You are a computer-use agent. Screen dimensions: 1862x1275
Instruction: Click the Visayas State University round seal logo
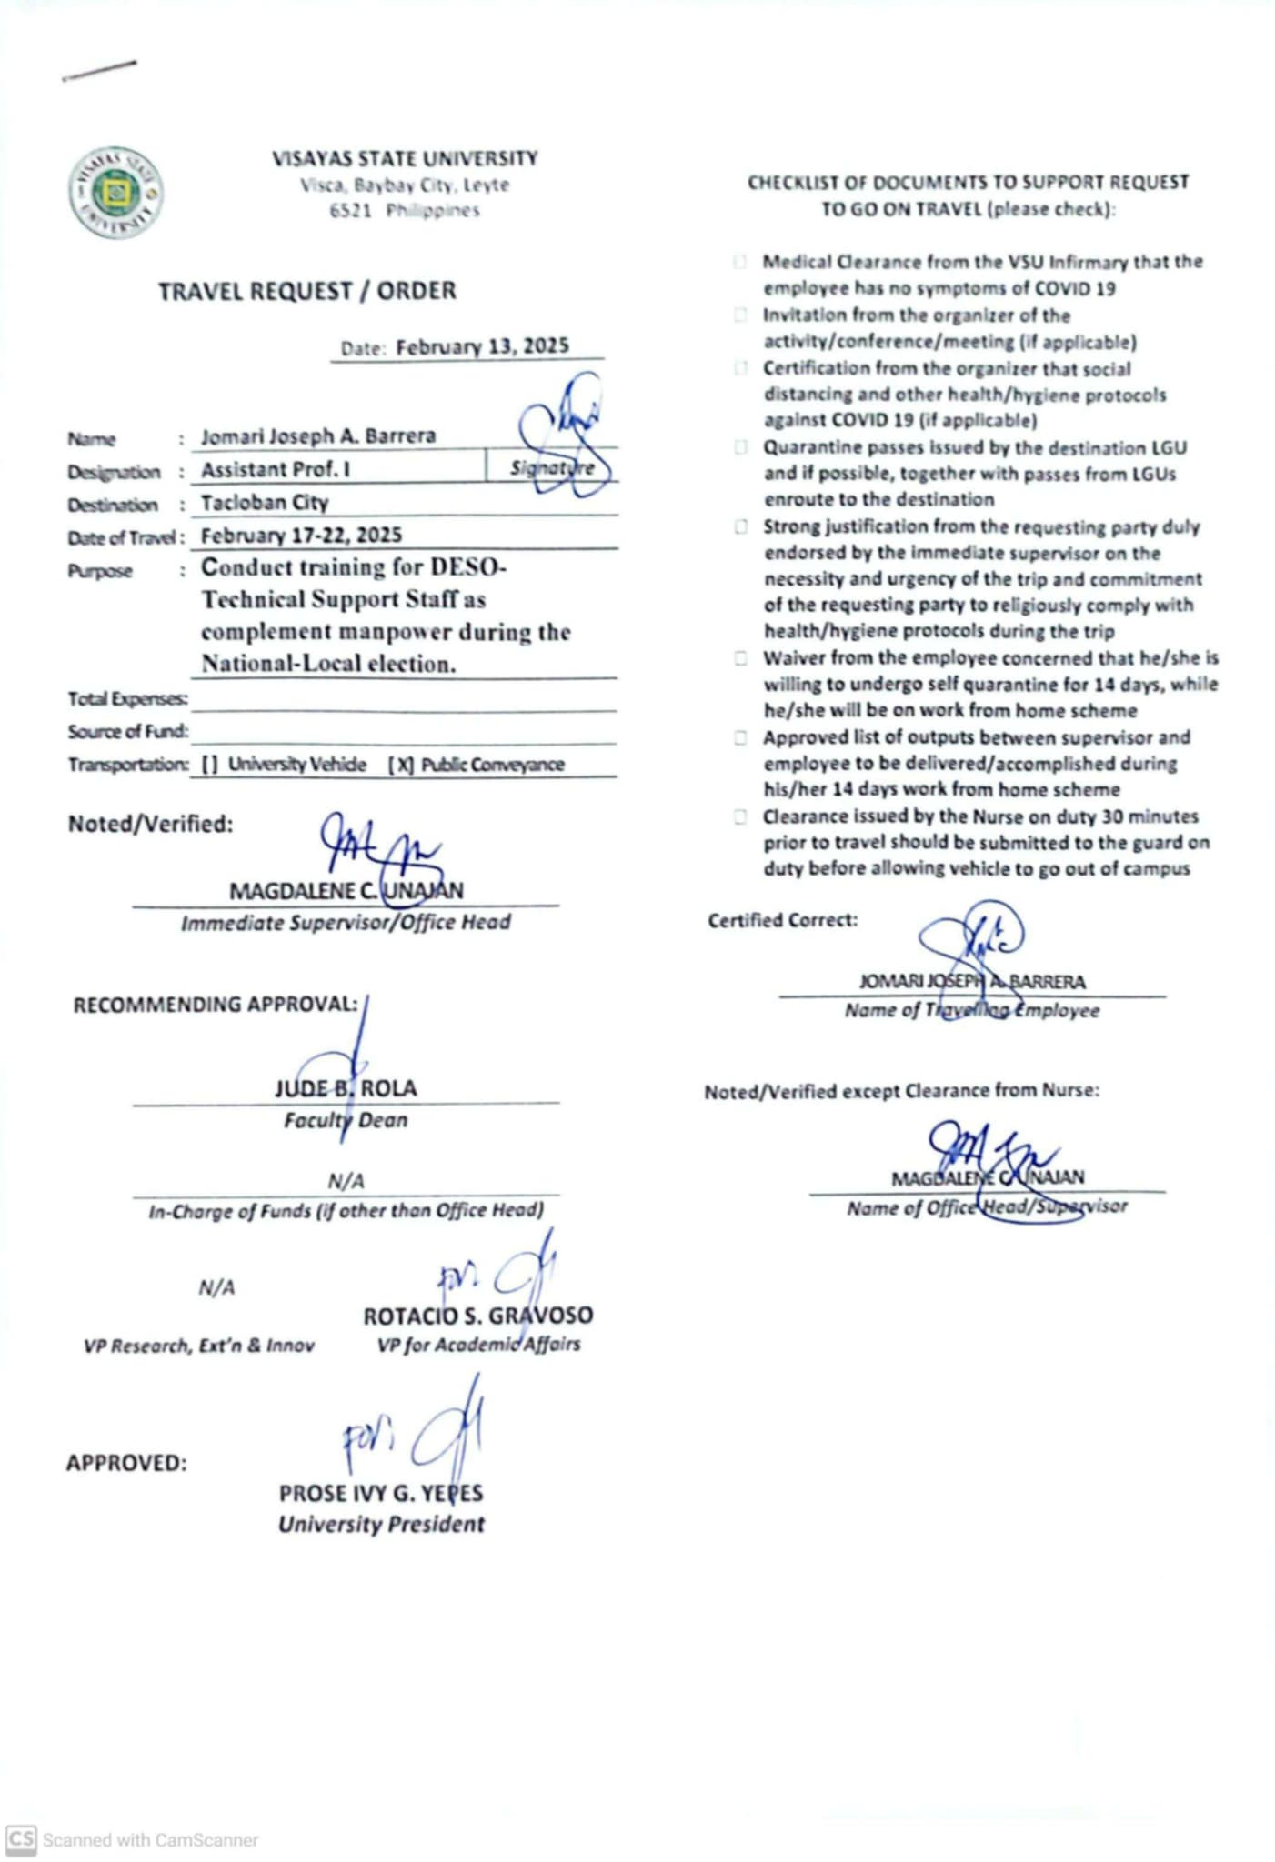click(x=116, y=193)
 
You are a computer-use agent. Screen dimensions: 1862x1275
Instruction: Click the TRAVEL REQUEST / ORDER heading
click(x=307, y=292)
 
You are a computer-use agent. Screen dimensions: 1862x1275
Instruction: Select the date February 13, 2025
click(x=482, y=346)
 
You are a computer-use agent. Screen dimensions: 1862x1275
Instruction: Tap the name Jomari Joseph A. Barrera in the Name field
click(x=318, y=436)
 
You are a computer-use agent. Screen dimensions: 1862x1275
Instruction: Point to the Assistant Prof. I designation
click(x=276, y=470)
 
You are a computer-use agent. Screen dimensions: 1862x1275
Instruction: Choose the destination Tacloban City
click(x=265, y=503)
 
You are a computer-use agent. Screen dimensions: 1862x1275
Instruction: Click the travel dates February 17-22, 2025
click(x=301, y=536)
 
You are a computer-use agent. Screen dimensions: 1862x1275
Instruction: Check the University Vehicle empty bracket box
click(x=210, y=765)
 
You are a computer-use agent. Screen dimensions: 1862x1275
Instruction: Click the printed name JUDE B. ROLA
click(x=346, y=1088)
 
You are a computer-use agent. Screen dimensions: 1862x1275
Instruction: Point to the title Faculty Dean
click(x=346, y=1120)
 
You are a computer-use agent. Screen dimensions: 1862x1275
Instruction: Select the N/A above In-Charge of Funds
click(x=346, y=1181)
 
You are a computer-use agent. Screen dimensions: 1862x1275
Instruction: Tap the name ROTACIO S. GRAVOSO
click(x=477, y=1316)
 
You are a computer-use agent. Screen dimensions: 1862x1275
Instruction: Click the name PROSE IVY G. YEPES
click(x=381, y=1493)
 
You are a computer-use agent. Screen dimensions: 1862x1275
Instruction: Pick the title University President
click(x=381, y=1525)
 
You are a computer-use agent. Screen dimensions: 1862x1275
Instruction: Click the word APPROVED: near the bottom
click(x=126, y=1463)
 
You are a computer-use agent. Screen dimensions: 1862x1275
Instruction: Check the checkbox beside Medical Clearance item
click(x=740, y=263)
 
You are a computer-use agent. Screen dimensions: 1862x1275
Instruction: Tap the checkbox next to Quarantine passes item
click(x=741, y=447)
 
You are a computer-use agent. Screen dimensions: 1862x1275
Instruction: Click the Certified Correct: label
click(x=782, y=920)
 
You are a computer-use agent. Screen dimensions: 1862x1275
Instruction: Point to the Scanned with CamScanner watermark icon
click(x=21, y=1839)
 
